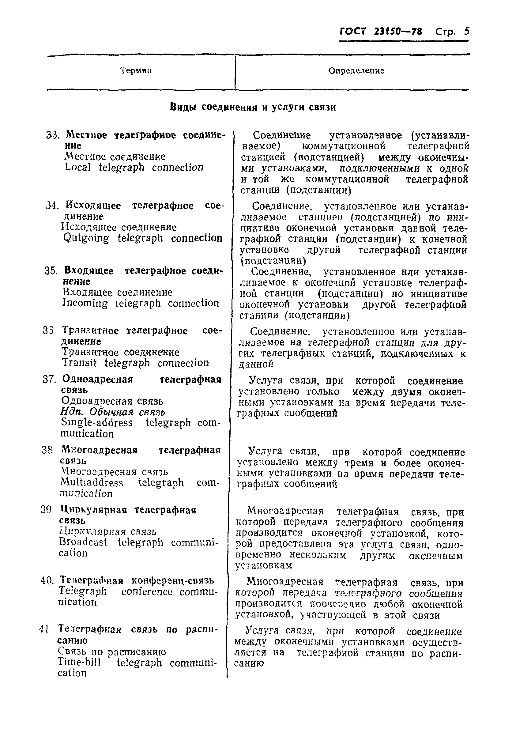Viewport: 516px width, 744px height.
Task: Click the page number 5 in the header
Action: [466, 31]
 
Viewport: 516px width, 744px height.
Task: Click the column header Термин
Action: [136, 70]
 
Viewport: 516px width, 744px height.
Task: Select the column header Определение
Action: [356, 70]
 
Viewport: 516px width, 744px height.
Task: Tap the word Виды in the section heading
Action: [183, 107]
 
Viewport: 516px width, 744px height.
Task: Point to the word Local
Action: [77, 168]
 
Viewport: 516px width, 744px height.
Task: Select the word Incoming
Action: [85, 303]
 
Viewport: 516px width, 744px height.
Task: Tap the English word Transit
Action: [79, 363]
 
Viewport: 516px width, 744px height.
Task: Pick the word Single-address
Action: [97, 423]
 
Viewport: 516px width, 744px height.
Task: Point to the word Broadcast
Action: [83, 542]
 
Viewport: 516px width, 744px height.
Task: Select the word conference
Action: [147, 591]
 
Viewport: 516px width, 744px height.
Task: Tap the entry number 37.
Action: [49, 379]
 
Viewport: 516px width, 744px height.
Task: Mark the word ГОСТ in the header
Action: [353, 31]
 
